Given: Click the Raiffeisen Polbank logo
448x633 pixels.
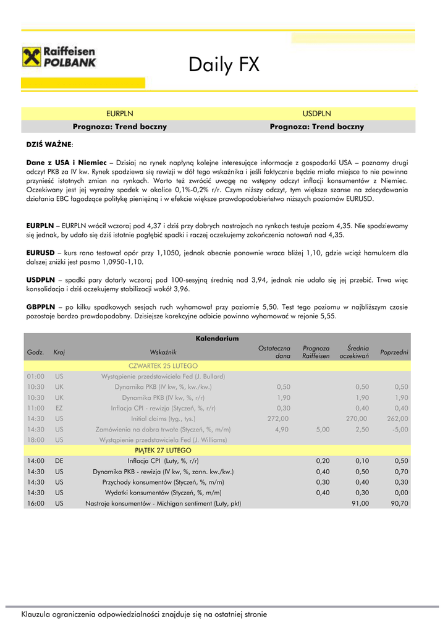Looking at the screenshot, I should click(x=59, y=57).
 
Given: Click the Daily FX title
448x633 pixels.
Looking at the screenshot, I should click(x=224, y=64).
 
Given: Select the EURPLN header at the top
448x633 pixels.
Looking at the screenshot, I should click(x=120, y=114).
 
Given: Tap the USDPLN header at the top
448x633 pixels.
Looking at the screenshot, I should click(x=316, y=114).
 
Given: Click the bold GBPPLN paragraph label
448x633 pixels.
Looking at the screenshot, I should click(x=41, y=307).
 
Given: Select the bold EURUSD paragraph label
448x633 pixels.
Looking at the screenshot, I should click(x=40, y=253).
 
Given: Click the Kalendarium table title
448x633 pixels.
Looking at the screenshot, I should click(x=217, y=339).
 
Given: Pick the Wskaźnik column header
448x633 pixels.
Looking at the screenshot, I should click(x=163, y=352).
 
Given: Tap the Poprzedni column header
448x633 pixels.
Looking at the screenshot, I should click(x=394, y=352).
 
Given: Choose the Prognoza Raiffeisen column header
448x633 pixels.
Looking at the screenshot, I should click(x=316, y=352).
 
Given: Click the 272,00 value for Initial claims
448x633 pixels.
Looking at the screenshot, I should click(x=278, y=418).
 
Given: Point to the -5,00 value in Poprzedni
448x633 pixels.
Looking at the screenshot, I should click(x=399, y=429).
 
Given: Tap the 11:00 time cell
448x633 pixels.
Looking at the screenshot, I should click(x=36, y=408).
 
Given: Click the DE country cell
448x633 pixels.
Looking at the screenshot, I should click(x=59, y=461).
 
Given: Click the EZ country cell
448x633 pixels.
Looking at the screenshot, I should click(x=59, y=408).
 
